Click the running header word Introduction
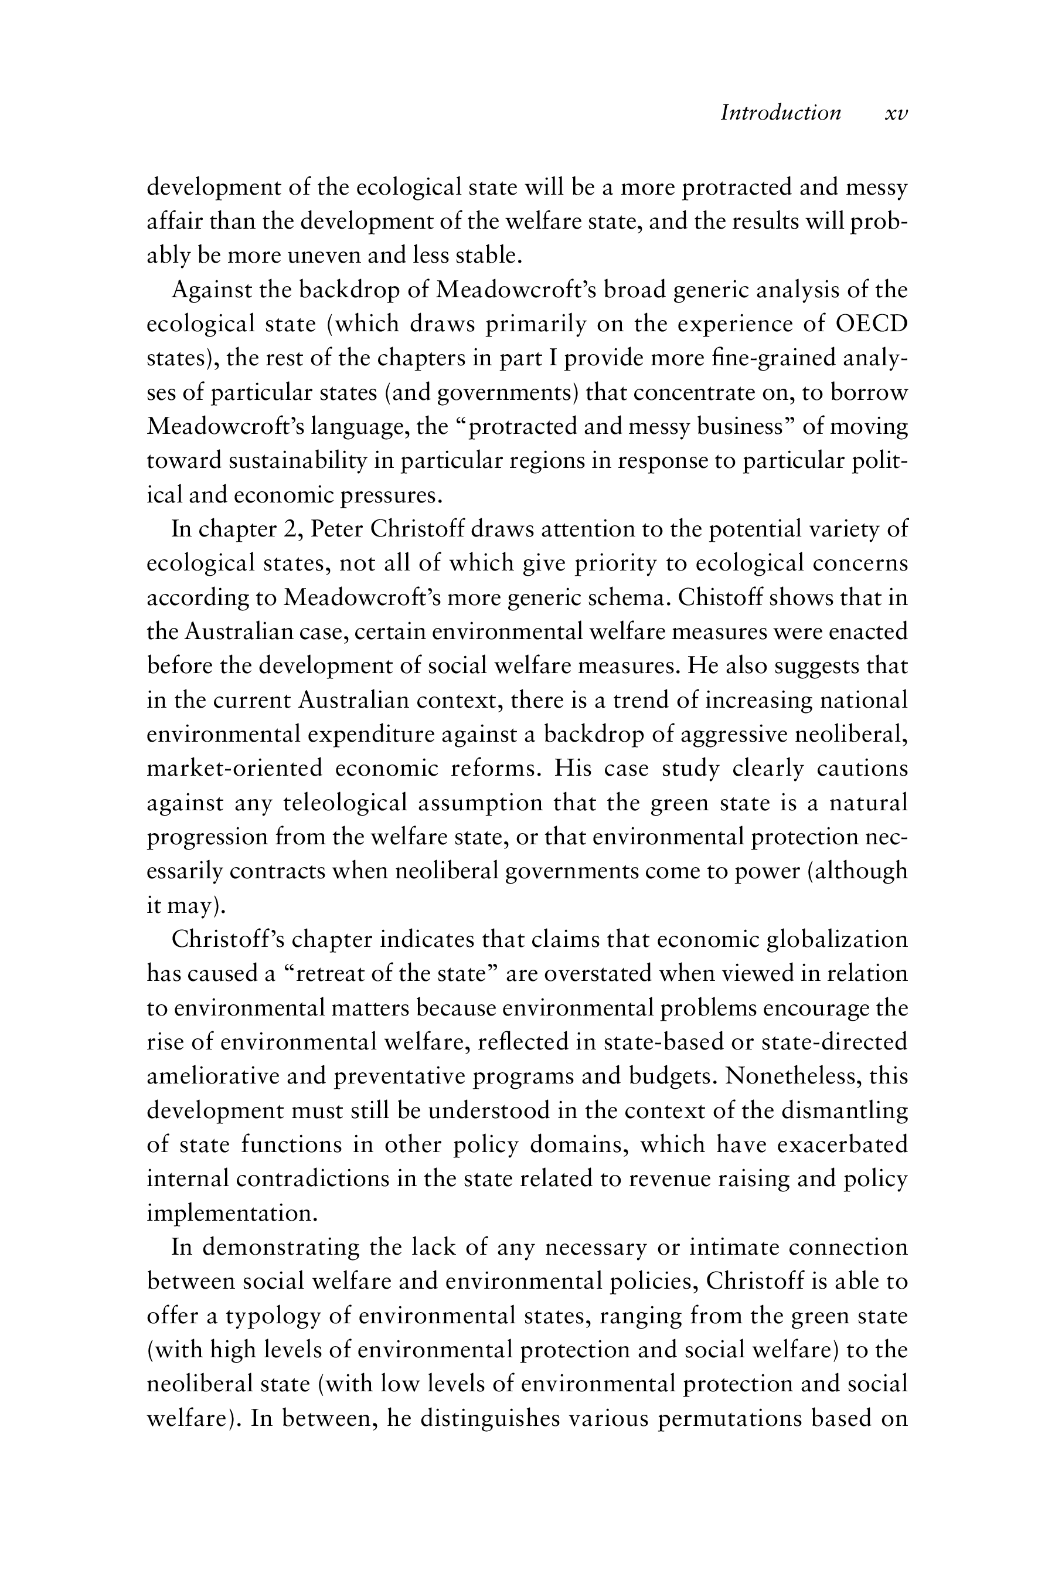[781, 113]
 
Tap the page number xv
[896, 113]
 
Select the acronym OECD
[872, 324]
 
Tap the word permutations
[730, 1418]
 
